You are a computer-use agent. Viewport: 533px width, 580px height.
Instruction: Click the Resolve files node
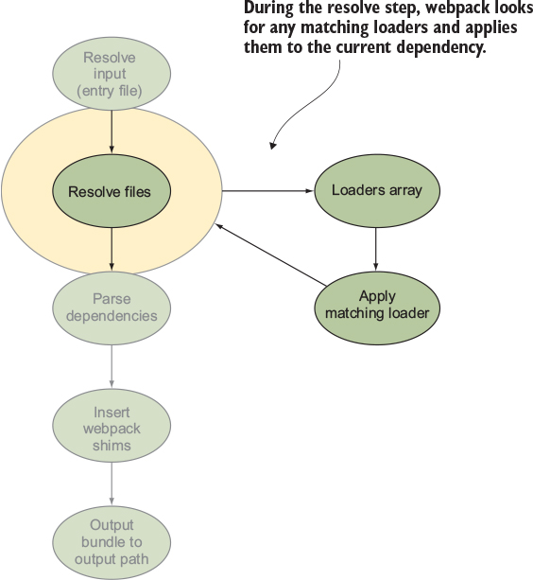(x=112, y=191)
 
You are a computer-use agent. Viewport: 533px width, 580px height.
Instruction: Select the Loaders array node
(x=377, y=190)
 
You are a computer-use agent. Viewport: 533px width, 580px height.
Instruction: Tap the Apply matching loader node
(x=377, y=308)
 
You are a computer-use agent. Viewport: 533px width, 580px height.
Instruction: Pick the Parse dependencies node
(x=112, y=308)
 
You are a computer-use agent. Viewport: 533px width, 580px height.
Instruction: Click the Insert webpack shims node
(x=112, y=426)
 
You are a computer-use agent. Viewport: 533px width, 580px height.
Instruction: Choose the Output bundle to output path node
(x=112, y=542)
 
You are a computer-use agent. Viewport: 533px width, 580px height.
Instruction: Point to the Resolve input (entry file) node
(x=112, y=74)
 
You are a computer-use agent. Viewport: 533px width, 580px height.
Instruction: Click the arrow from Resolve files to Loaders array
(x=267, y=191)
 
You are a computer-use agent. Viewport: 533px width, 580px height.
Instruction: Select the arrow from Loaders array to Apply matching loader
(x=376, y=249)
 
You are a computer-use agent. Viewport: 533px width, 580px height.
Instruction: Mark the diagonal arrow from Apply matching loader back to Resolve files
(x=271, y=255)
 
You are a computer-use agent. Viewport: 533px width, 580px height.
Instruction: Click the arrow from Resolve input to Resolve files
(x=112, y=132)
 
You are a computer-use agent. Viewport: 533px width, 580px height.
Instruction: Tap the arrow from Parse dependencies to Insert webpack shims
(x=112, y=366)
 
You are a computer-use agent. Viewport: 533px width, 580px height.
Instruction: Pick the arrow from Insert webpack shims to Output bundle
(x=112, y=483)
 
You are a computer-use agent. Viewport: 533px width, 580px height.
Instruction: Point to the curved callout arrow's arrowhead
(x=272, y=146)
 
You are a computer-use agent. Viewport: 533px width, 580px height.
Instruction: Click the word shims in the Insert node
(x=112, y=446)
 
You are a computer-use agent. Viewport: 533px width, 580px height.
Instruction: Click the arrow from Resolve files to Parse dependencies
(x=112, y=249)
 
